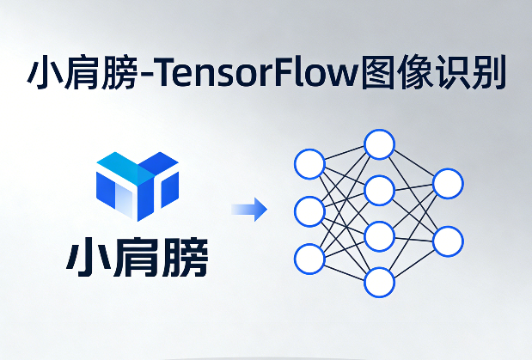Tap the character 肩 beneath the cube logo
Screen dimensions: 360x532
137,257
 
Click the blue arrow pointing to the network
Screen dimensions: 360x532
249,210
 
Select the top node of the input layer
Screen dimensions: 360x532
309,163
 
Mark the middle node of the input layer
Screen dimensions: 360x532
309,211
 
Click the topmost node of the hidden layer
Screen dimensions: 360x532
379,144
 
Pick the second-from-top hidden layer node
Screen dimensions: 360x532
379,190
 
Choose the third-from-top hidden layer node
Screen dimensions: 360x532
379,235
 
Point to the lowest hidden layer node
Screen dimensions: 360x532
379,281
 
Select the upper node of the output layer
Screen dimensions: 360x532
448,183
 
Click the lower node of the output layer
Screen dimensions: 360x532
448,241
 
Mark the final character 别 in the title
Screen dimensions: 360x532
490,75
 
